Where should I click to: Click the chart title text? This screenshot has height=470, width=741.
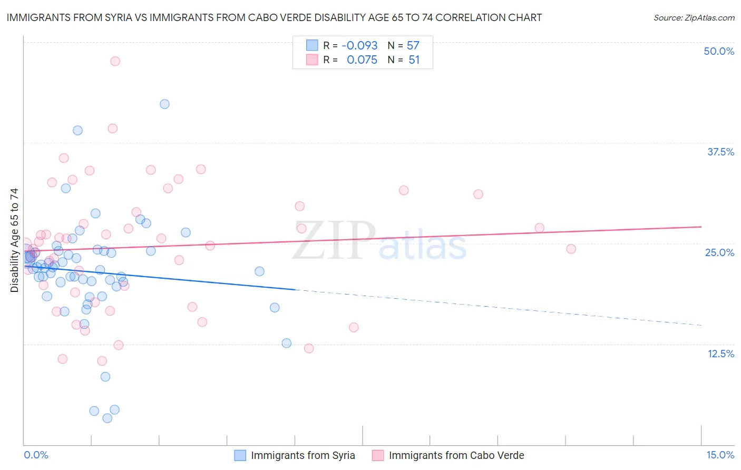pos(274,17)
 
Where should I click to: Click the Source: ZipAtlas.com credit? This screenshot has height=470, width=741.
pos(694,17)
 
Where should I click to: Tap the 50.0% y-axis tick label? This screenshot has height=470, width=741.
pos(719,51)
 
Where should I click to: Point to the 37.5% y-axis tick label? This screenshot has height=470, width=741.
pos(720,152)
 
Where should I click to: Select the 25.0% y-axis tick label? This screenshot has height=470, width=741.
pos(719,252)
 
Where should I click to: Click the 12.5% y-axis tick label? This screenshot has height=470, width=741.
pos(720,354)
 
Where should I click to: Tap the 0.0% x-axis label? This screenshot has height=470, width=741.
pos(36,455)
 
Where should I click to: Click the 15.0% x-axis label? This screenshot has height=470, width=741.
pos(720,455)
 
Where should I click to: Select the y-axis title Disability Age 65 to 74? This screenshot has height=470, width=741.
pos(14,240)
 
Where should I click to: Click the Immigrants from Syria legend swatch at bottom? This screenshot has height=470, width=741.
pos(240,455)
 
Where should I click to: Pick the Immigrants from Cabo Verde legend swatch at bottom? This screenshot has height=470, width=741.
pos(378,455)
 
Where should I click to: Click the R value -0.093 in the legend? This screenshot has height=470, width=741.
pos(359,46)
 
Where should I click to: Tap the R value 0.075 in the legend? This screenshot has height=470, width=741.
pos(362,60)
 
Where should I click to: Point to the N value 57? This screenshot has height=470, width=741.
pos(413,46)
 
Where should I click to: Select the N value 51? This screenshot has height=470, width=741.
pos(414,60)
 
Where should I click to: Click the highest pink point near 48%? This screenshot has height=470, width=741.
pos(115,61)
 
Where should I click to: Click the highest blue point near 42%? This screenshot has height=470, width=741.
pos(164,104)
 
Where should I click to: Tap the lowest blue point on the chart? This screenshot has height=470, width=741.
pos(107,418)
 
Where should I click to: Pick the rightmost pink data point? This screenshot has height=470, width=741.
pos(571,249)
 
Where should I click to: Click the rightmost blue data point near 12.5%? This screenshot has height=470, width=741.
pos(286,343)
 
